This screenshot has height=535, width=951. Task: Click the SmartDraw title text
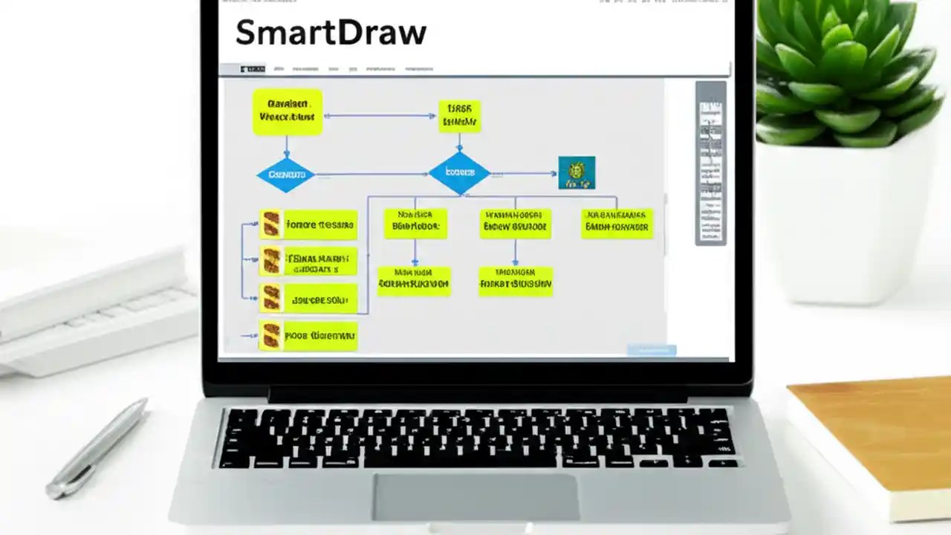tap(331, 33)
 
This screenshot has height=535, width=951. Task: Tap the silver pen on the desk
tap(97, 448)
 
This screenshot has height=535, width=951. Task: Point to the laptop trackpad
tap(475, 496)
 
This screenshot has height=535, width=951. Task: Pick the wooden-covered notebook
tap(877, 438)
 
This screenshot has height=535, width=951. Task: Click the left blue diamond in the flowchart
tap(286, 175)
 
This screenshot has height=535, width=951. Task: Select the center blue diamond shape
tap(459, 173)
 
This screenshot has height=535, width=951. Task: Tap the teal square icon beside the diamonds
tap(577, 172)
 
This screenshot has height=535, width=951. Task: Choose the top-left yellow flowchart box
tap(288, 112)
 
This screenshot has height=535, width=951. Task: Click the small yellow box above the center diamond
tap(459, 117)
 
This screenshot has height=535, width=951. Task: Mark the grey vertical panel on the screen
tap(710, 163)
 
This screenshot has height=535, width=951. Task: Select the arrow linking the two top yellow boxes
tap(380, 116)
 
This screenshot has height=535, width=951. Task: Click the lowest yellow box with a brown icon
tap(308, 336)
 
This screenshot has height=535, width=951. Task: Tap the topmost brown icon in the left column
tap(272, 223)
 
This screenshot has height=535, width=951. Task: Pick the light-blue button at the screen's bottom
tap(652, 350)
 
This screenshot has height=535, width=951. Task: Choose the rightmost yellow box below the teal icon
tap(617, 223)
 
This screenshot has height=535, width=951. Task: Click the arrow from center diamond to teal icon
tap(524, 174)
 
